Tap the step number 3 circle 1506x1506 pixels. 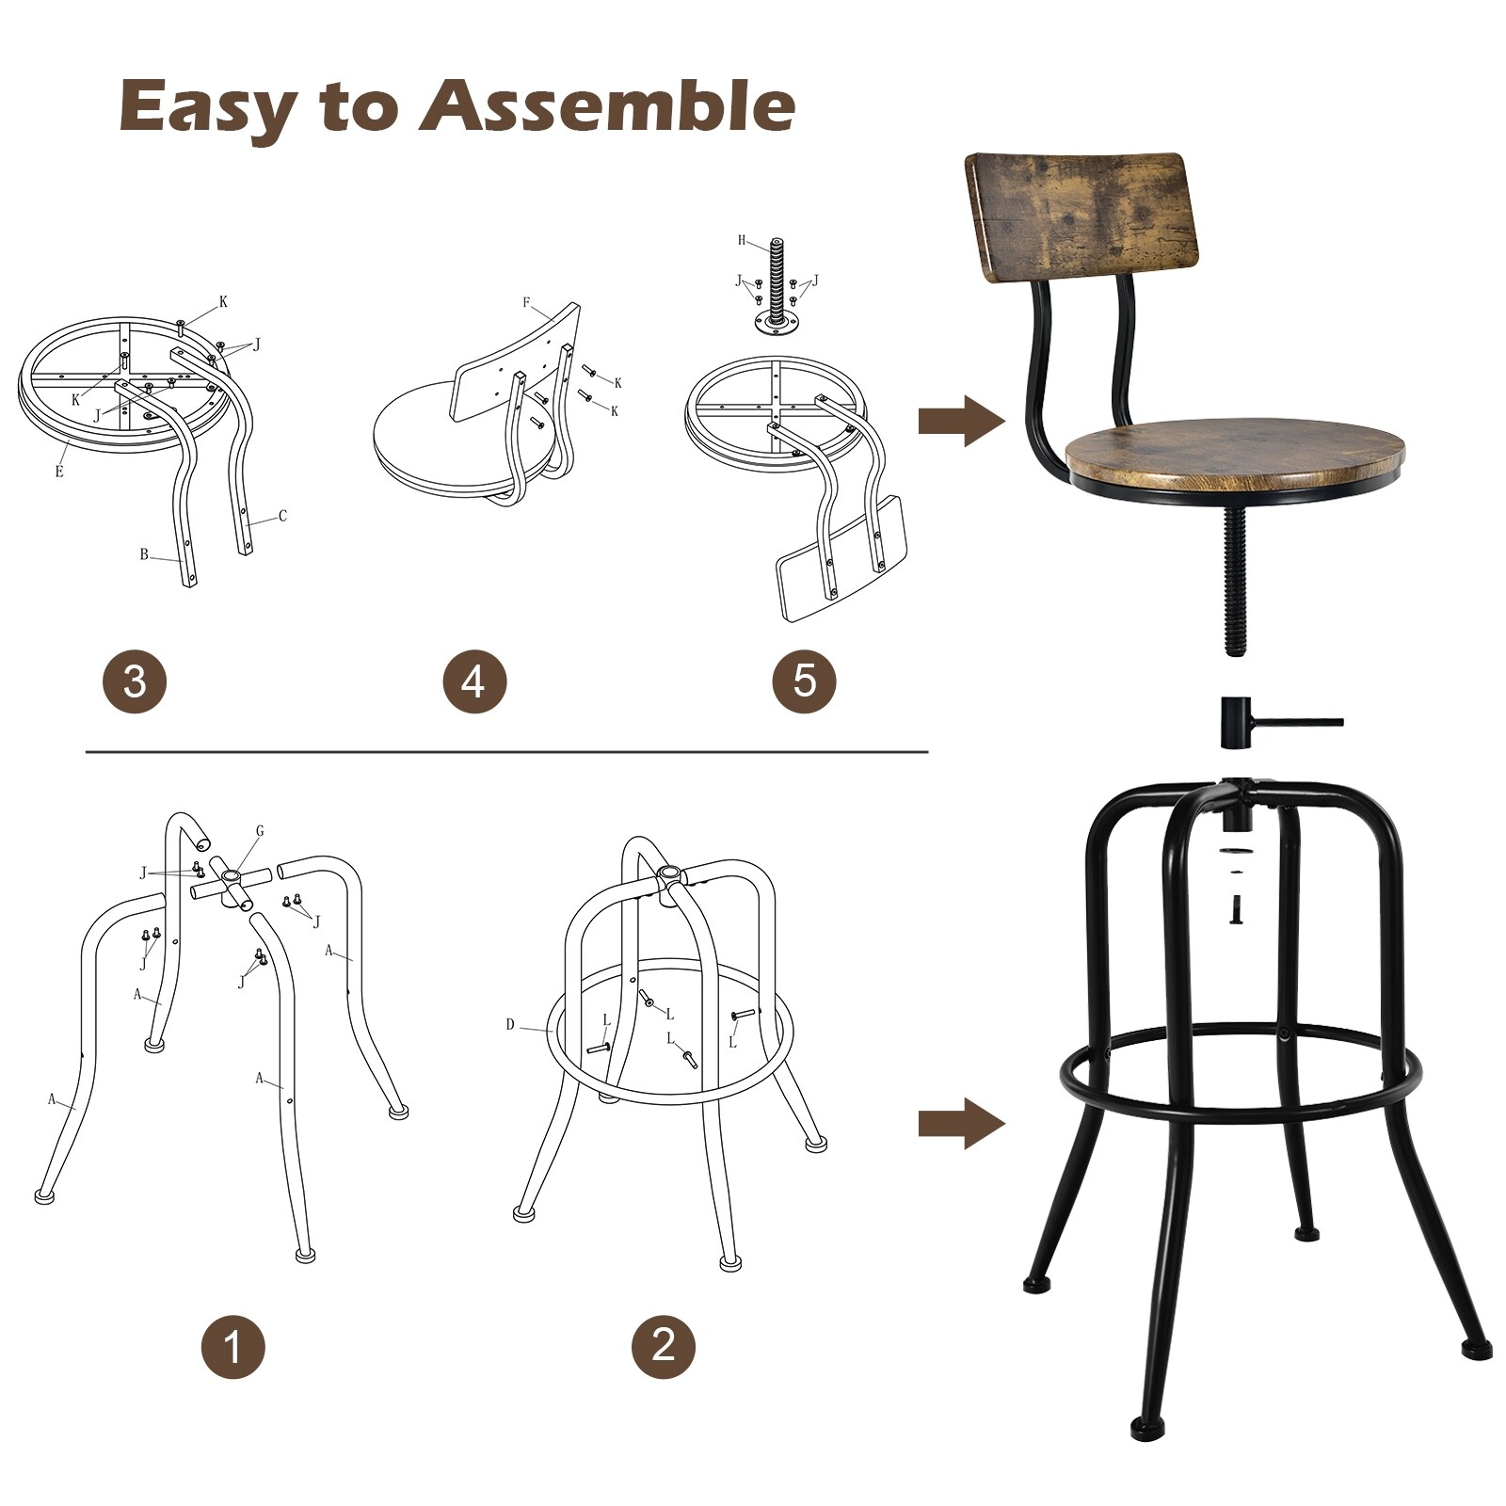click(135, 681)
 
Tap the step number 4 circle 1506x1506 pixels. click(474, 681)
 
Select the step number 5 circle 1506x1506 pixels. click(804, 681)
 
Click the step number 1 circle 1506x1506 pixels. click(232, 1347)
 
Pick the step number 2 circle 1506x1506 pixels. click(663, 1345)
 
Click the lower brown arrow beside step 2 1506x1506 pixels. click(960, 1124)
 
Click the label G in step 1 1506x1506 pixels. click(260, 831)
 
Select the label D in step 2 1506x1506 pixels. click(510, 1024)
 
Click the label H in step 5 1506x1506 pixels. click(742, 241)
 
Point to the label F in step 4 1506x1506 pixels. click(527, 303)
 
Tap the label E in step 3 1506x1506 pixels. click(59, 472)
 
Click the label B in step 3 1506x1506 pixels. click(144, 554)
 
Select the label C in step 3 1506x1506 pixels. click(281, 516)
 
